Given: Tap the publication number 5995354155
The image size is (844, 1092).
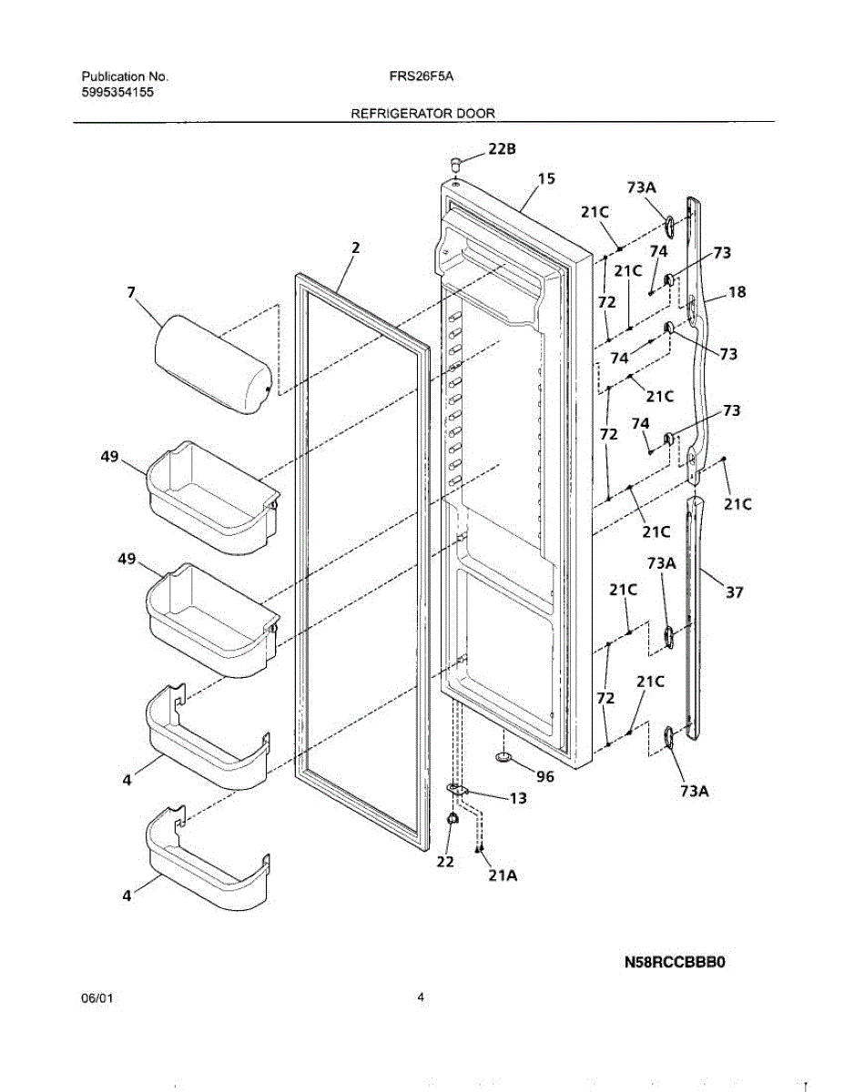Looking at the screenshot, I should pyautogui.click(x=117, y=93).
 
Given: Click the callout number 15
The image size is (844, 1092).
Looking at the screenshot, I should pyautogui.click(x=545, y=179).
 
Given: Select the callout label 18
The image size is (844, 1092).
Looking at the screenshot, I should pyautogui.click(x=737, y=292).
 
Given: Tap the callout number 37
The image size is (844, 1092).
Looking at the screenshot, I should pyautogui.click(x=734, y=592).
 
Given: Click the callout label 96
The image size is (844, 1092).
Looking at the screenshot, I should pyautogui.click(x=544, y=776).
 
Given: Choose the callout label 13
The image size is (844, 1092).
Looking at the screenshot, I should pyautogui.click(x=517, y=799).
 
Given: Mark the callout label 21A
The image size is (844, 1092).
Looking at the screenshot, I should pyautogui.click(x=503, y=875).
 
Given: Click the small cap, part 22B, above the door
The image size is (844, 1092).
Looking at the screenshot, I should pyautogui.click(x=457, y=163).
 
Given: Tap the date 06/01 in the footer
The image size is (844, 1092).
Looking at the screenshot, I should pyautogui.click(x=97, y=998).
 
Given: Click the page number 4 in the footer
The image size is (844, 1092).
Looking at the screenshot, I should pyautogui.click(x=421, y=996).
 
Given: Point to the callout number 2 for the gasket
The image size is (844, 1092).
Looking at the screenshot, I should pyautogui.click(x=356, y=247).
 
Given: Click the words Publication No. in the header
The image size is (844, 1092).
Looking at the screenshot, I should pyautogui.click(x=125, y=77).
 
